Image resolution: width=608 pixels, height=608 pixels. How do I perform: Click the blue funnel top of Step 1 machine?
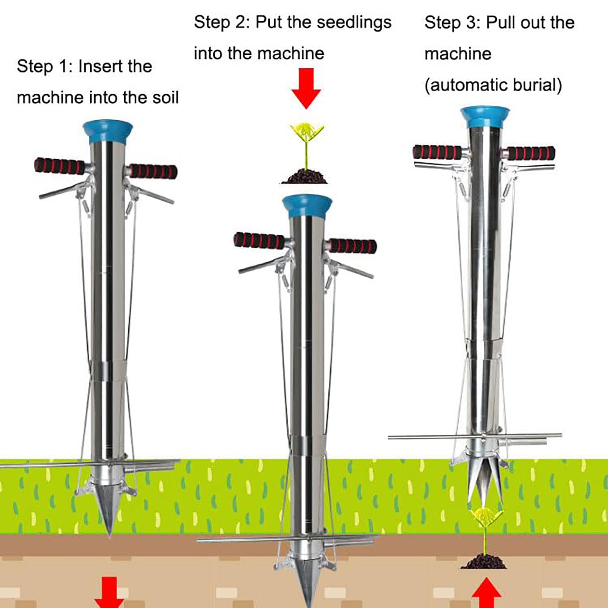point(108,131)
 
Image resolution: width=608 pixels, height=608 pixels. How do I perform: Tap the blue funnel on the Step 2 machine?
point(307,206)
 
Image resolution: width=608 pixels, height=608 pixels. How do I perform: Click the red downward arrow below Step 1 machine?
point(109,593)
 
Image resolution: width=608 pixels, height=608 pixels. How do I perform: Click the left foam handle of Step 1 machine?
point(60,166)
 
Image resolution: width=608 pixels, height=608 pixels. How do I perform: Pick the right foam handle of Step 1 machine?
point(153,171)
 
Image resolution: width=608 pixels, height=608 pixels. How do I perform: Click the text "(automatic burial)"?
point(493,85)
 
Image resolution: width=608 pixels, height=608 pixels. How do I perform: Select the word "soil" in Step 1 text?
point(165,98)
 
